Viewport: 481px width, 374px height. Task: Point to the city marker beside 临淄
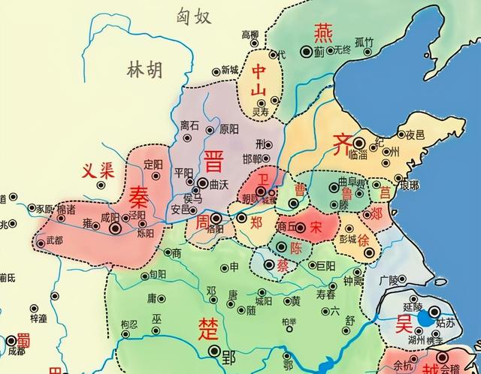pyautogui.click(x=359, y=143)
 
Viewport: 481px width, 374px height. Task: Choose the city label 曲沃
pyautogui.click(x=218, y=182)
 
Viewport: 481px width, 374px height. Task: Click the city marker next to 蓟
pyautogui.click(x=306, y=51)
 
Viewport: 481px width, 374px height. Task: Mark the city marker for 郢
pyautogui.click(x=216, y=351)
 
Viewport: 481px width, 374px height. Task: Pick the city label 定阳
pyautogui.click(x=153, y=163)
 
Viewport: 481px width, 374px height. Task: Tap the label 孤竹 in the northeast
pyautogui.click(x=365, y=42)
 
